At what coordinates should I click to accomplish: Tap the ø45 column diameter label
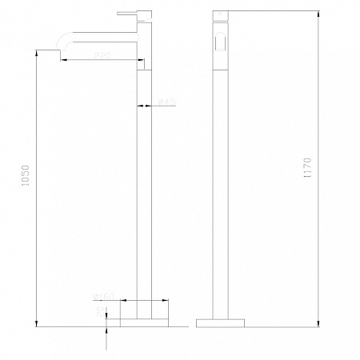pyautogui.click(x=166, y=102)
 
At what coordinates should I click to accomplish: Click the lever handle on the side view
pyautogui.click(x=128, y=14)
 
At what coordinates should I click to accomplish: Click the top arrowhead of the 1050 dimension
pyautogui.click(x=38, y=52)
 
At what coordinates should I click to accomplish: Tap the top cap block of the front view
pyautogui.click(x=222, y=21)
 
